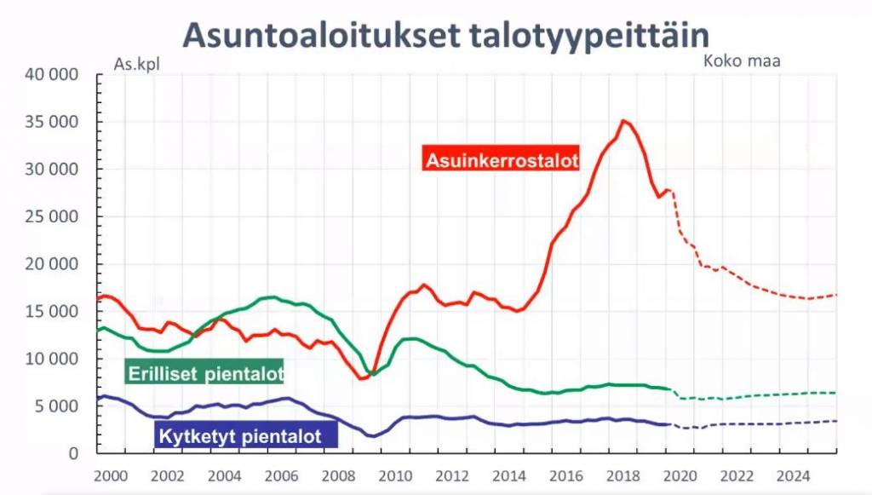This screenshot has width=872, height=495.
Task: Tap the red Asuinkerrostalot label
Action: [x=502, y=159]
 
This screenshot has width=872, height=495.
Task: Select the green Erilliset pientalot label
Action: [x=204, y=372]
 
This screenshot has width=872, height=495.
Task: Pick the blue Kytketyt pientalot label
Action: [x=247, y=436]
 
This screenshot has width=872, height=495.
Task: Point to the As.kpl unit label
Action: [x=136, y=63]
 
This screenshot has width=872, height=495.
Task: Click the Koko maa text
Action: [x=742, y=60]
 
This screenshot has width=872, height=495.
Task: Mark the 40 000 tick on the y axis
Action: [x=53, y=75]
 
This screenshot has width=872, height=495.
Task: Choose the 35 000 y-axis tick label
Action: [x=53, y=122]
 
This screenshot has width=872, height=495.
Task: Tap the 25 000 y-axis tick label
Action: [x=53, y=216]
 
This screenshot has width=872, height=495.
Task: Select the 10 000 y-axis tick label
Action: [x=53, y=359]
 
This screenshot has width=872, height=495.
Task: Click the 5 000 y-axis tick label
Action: [x=58, y=406]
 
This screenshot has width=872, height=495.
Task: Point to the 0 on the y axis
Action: [x=74, y=453]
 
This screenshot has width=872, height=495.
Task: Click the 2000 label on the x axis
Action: [x=111, y=475]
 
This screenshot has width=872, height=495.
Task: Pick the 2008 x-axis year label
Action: [x=338, y=475]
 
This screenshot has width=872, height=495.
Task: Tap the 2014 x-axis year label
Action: [x=508, y=475]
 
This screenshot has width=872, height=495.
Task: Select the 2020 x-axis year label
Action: [x=679, y=475]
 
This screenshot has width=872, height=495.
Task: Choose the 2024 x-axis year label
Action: [x=792, y=475]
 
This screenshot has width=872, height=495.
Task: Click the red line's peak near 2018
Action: [x=624, y=121]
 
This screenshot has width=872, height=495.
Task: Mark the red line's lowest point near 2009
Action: [x=362, y=378]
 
